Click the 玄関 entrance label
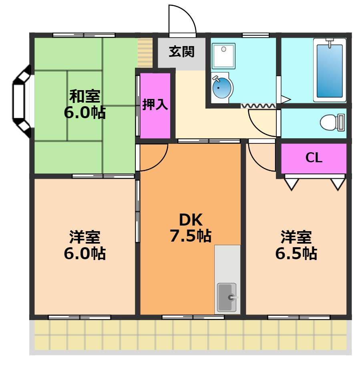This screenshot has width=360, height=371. (x=181, y=52)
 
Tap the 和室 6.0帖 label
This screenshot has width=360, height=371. (x=84, y=104)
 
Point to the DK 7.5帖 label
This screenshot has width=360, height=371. (x=191, y=228)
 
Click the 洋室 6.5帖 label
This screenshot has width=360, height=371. (x=296, y=245)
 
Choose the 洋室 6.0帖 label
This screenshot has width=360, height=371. (x=84, y=245)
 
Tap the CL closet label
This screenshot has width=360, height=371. (x=314, y=157)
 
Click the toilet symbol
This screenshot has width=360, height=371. (x=332, y=122)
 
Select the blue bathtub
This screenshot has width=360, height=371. (x=330, y=71)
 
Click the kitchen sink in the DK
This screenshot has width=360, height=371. (x=227, y=297)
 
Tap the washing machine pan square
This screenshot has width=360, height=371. (x=223, y=56)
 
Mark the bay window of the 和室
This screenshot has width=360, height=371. (x=22, y=101)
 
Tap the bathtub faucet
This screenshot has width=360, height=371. (x=330, y=43)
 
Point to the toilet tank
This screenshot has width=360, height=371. (x=341, y=122)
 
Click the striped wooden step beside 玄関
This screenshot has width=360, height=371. (x=145, y=52)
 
